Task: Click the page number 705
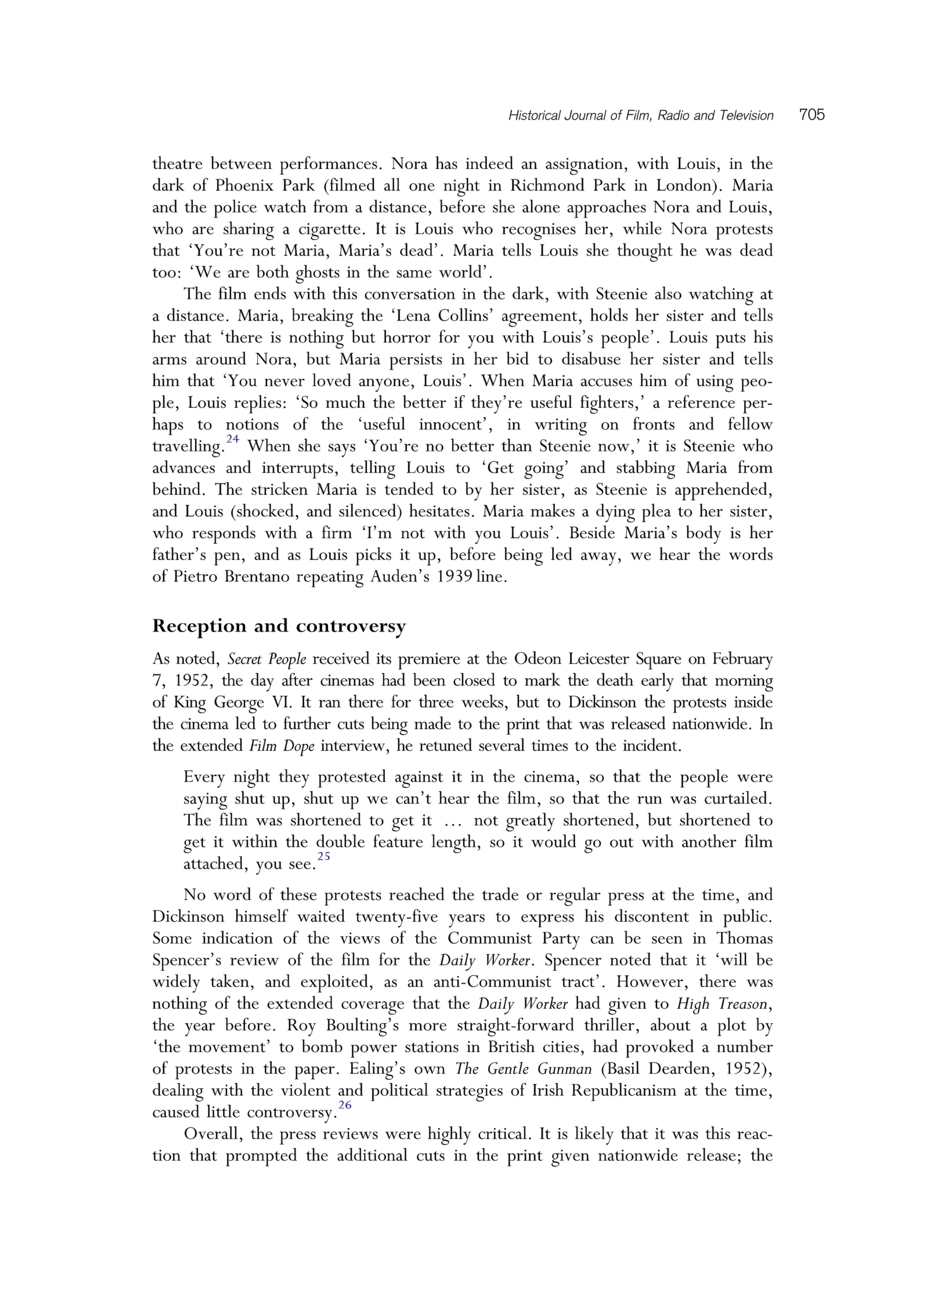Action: tap(812, 115)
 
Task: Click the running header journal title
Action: tap(640, 116)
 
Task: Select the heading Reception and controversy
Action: tap(278, 626)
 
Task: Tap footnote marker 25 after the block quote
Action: tap(324, 856)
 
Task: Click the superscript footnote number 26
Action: tap(345, 1105)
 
